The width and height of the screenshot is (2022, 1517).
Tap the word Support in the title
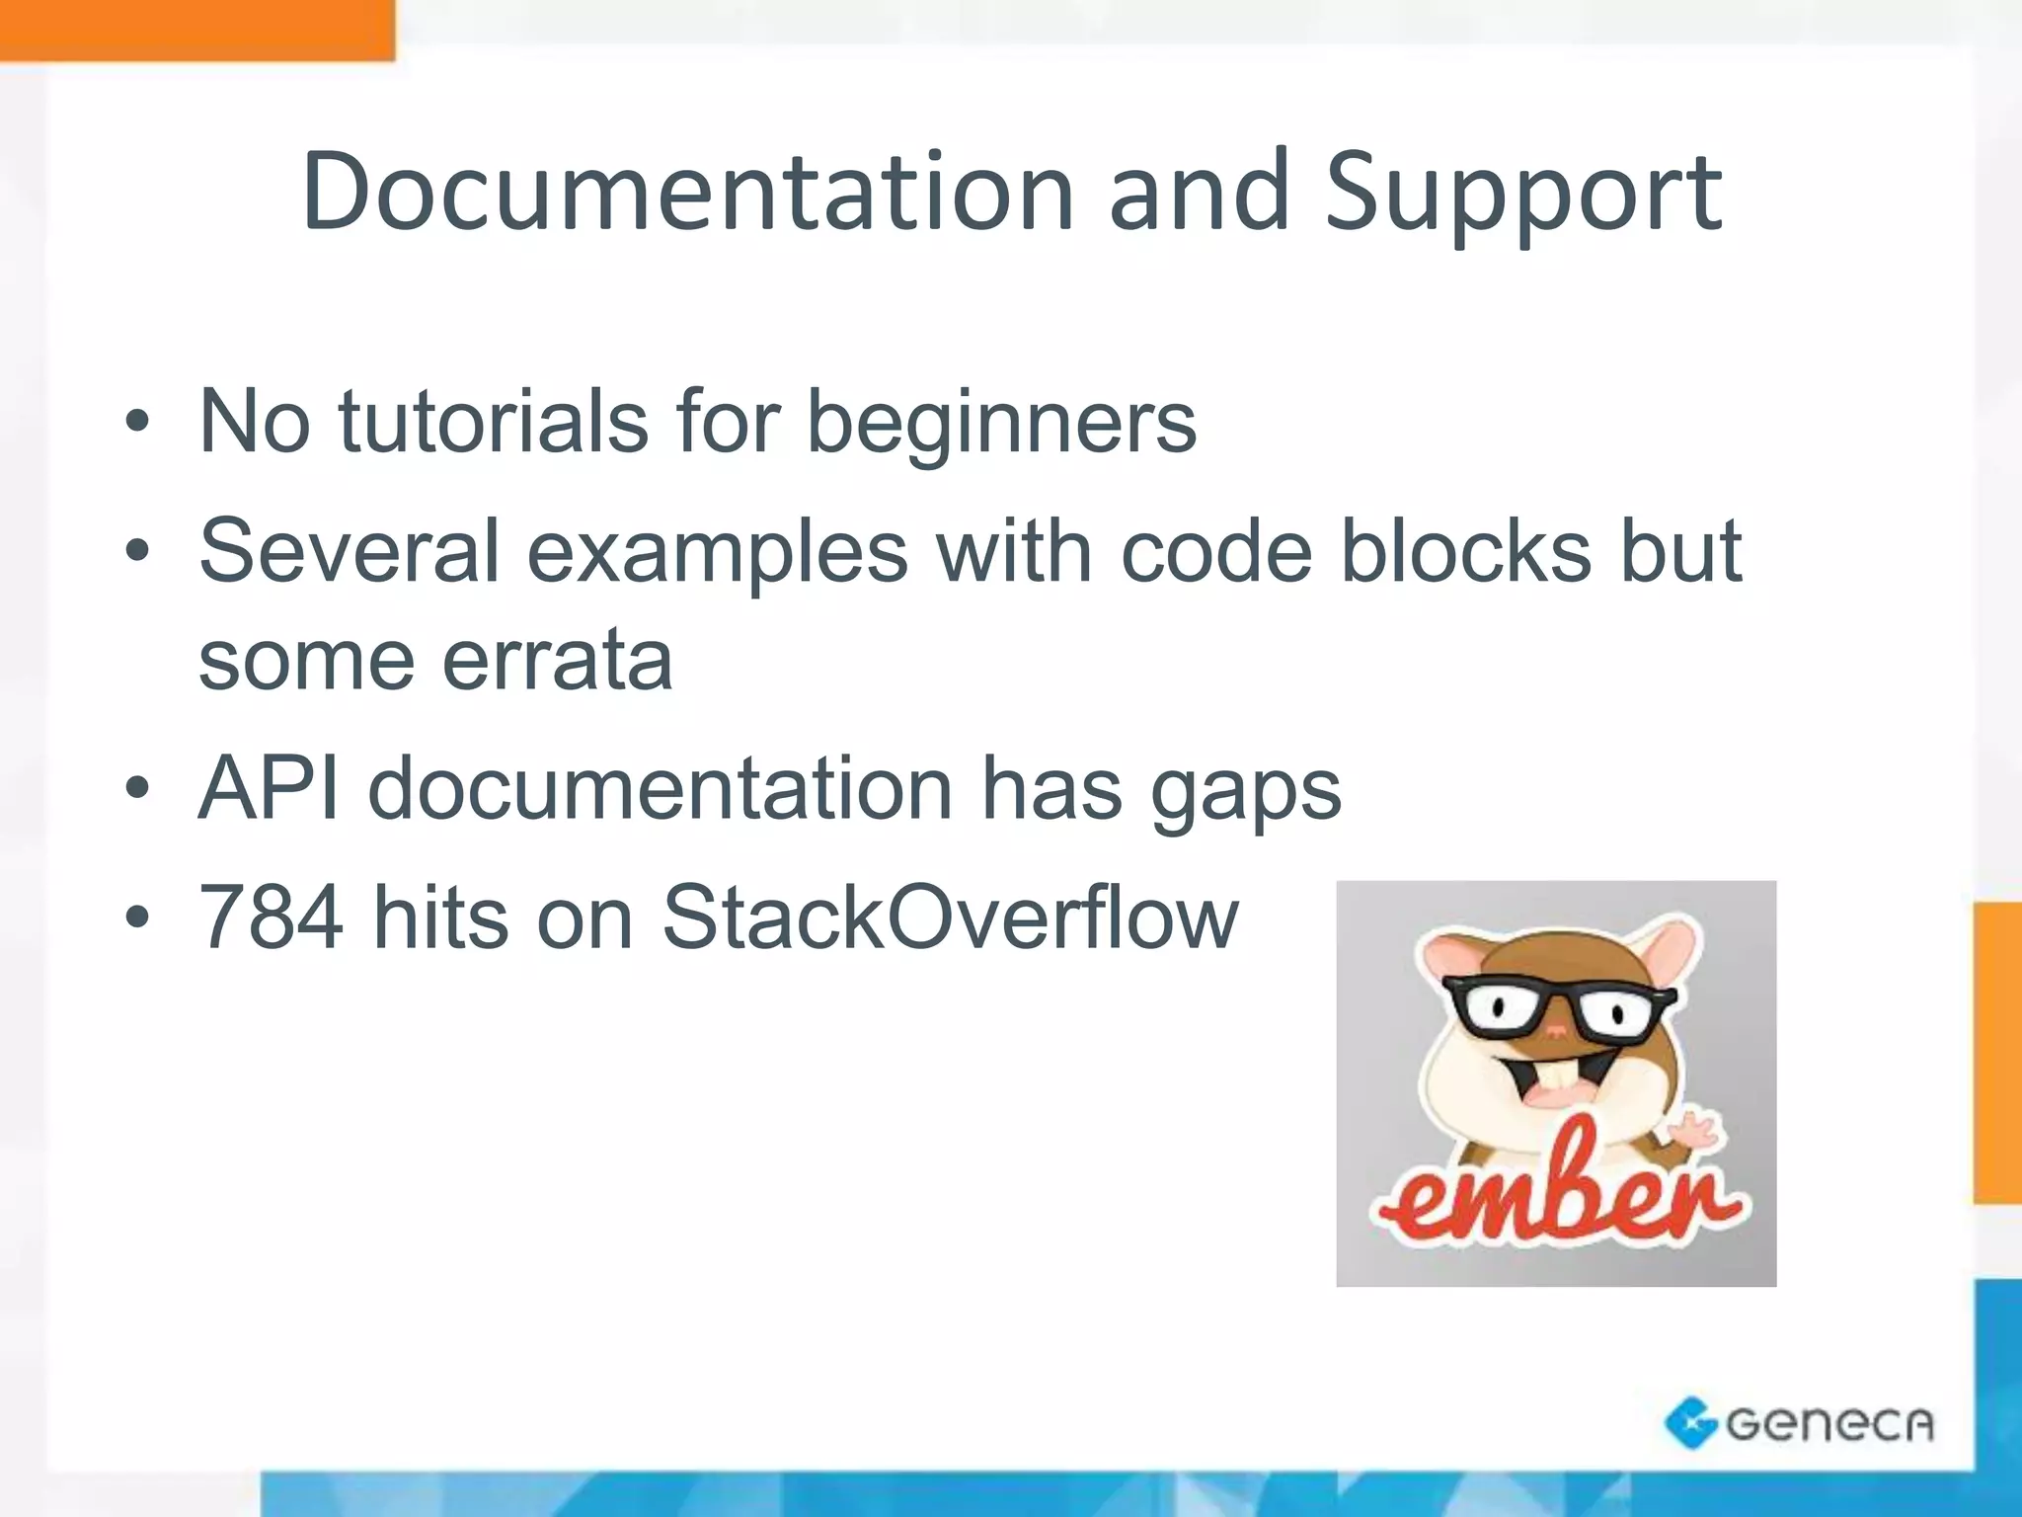click(x=1522, y=195)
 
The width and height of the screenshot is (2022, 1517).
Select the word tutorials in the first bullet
click(x=493, y=422)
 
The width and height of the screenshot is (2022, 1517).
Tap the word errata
click(x=557, y=659)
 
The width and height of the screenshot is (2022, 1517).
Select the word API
click(x=269, y=788)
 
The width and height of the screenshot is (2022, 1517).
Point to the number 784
click(x=272, y=918)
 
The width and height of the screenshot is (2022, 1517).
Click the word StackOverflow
click(x=950, y=918)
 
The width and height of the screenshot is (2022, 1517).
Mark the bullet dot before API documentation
click(x=137, y=789)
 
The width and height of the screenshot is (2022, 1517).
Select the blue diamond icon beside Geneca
click(x=1690, y=1422)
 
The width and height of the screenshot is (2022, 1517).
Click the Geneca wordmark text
click(x=1828, y=1423)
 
